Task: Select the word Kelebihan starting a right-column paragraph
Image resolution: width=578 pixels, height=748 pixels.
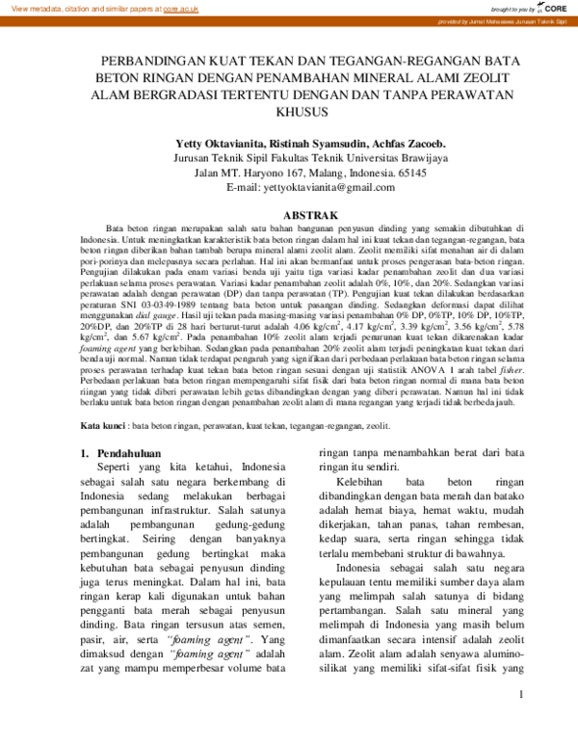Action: click(x=366, y=507)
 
